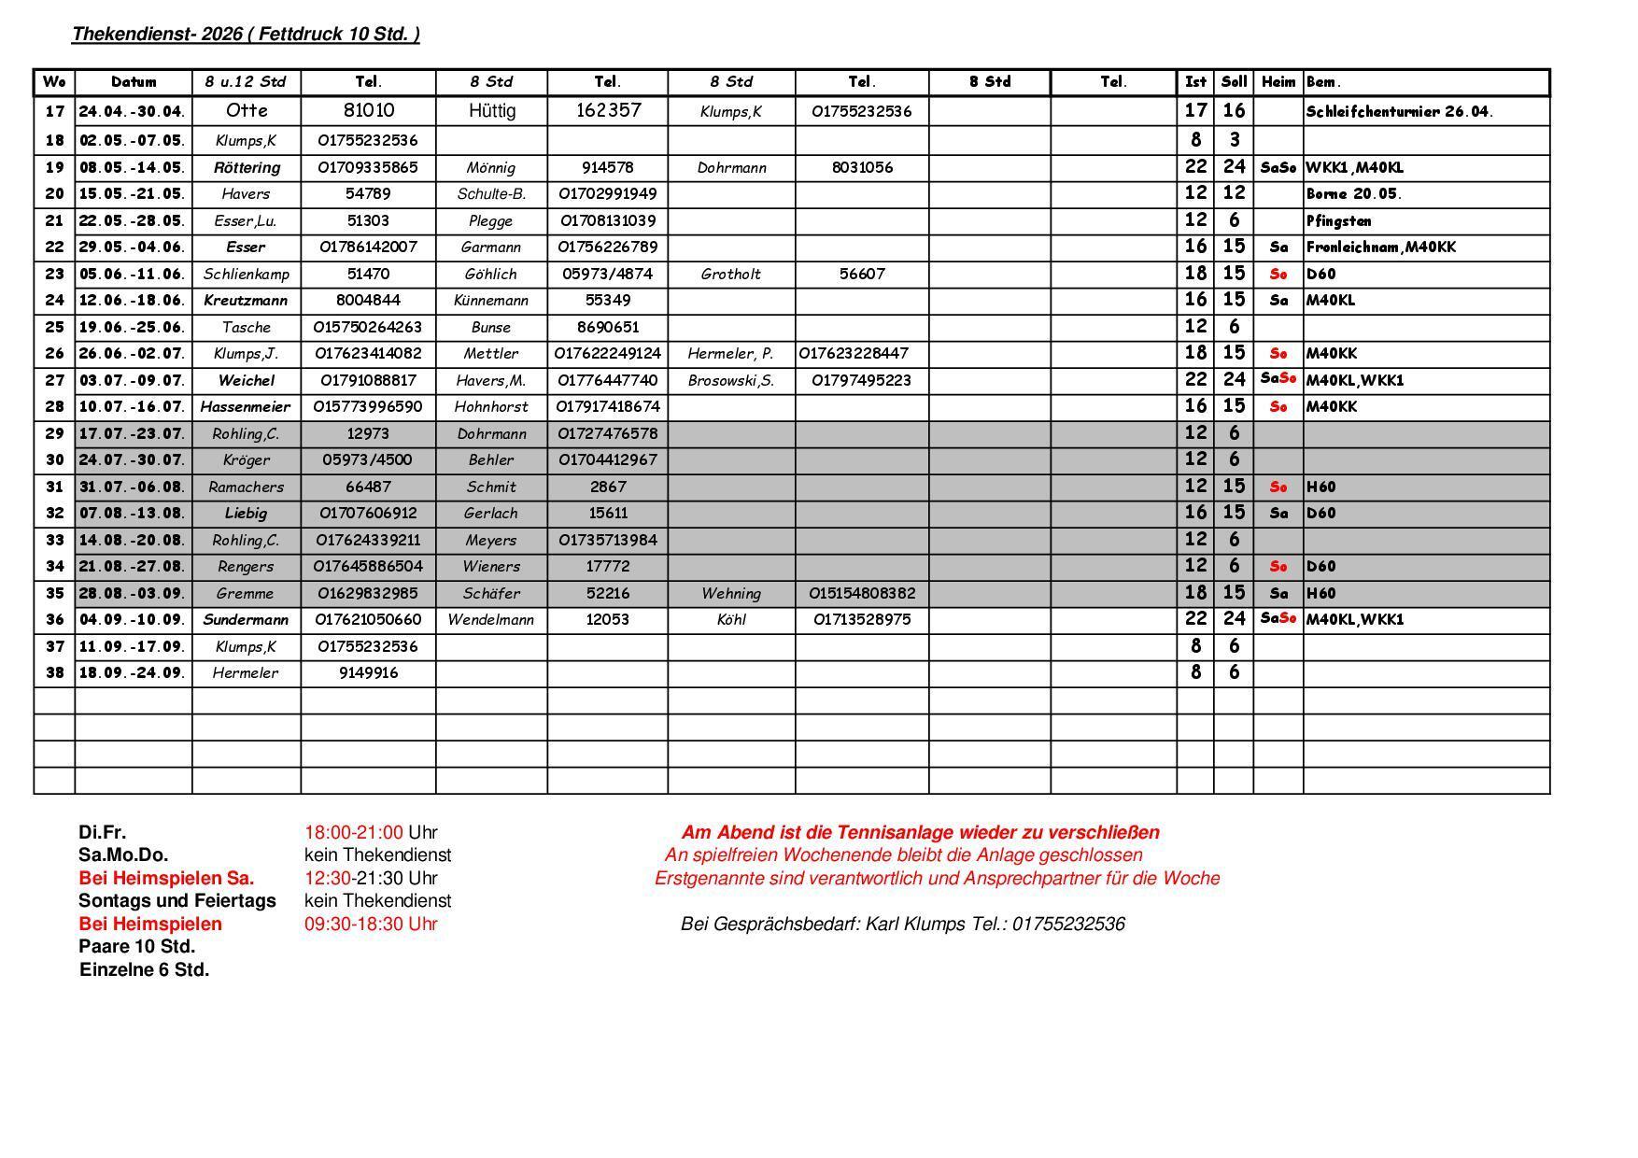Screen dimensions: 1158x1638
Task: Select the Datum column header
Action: click(134, 82)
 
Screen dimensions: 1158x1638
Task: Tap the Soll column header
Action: click(1234, 82)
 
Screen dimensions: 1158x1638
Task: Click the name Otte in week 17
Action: click(247, 111)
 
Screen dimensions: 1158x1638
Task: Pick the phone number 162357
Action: click(608, 111)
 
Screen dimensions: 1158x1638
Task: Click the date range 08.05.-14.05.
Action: click(133, 168)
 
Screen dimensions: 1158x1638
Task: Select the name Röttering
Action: click(247, 168)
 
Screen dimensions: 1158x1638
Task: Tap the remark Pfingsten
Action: click(1338, 221)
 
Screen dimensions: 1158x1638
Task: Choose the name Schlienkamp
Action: click(247, 275)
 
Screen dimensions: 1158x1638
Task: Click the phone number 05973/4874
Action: click(608, 275)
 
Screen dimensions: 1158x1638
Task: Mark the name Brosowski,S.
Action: click(731, 381)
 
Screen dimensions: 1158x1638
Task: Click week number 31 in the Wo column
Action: click(54, 487)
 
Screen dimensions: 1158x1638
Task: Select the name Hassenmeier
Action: click(246, 407)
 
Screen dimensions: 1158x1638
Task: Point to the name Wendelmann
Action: click(491, 620)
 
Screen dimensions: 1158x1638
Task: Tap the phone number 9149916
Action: click(368, 673)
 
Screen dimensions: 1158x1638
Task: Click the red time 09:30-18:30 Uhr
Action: click(371, 925)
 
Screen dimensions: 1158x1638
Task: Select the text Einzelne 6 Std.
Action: click(145, 970)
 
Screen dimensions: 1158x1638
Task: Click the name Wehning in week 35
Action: click(731, 594)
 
